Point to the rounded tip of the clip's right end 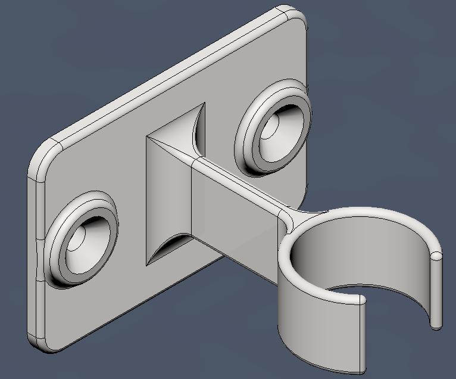[437, 256]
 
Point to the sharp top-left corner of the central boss [148, 138]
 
